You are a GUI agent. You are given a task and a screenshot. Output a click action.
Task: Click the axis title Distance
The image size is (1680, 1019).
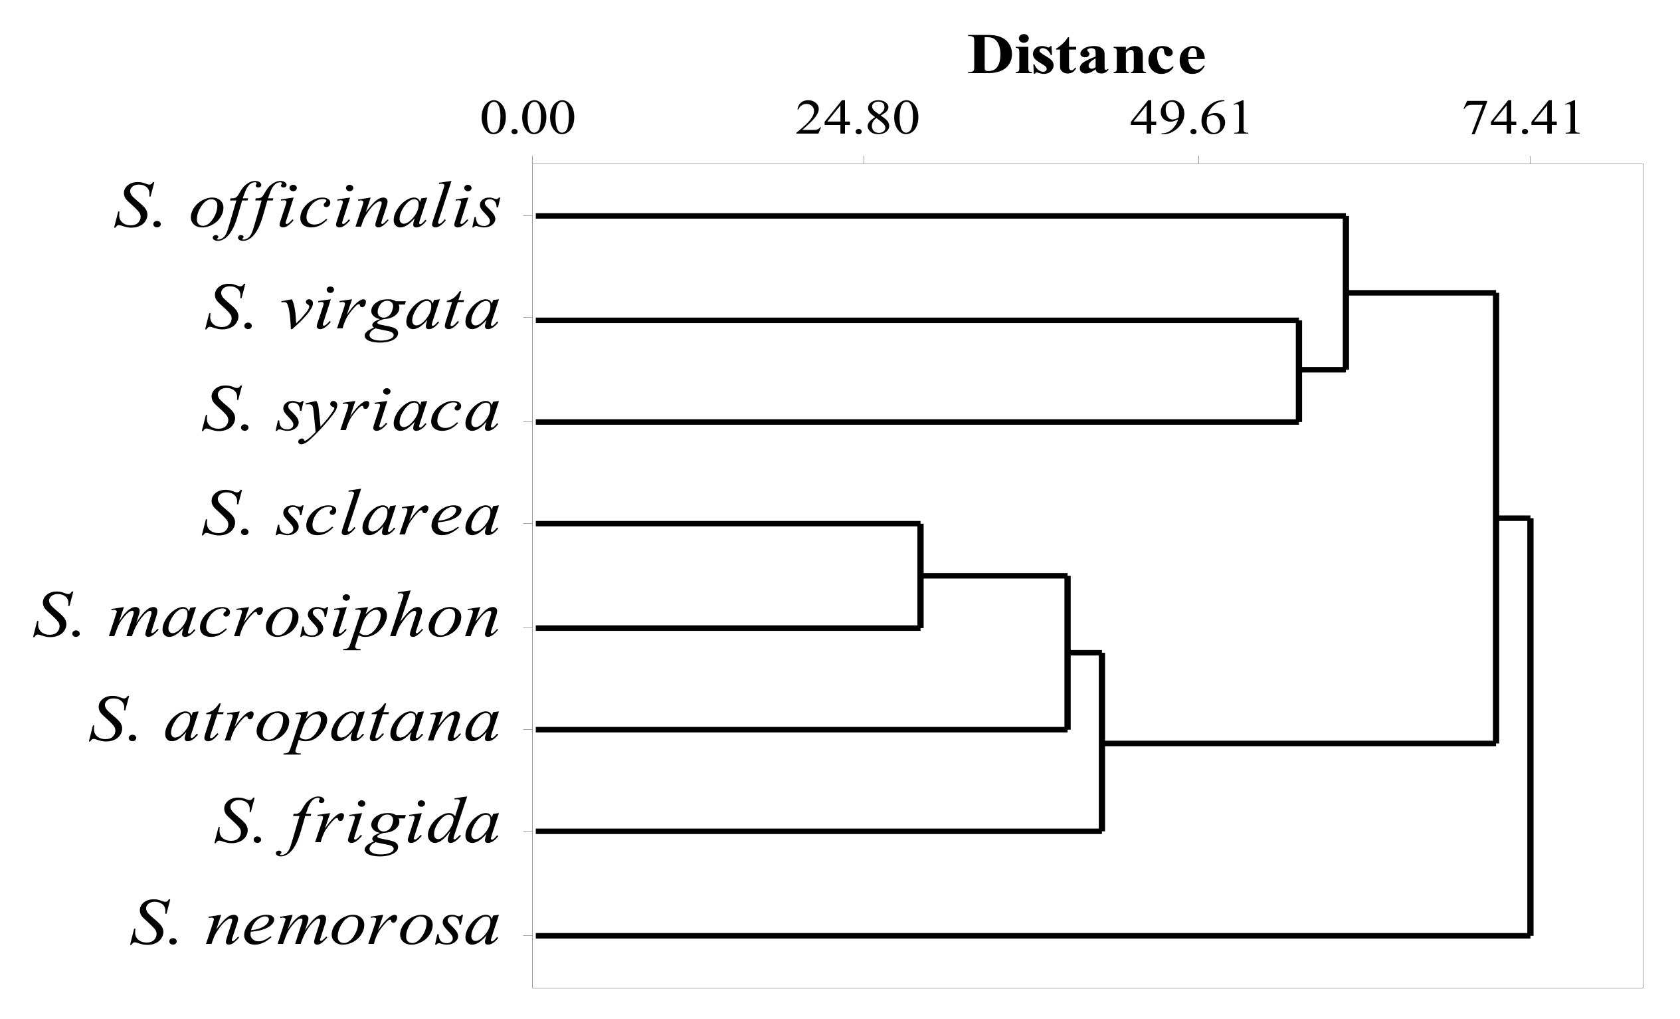coord(1086,55)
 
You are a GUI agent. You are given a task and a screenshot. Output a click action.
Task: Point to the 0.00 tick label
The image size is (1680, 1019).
coord(527,119)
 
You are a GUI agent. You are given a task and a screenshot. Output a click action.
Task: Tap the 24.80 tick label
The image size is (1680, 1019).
coord(857,119)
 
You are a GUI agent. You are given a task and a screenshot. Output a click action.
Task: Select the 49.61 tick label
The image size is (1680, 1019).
coord(1190,119)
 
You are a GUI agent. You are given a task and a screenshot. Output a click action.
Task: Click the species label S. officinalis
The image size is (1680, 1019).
coord(308,207)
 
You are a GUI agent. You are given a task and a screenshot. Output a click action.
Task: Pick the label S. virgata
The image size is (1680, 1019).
coord(353,311)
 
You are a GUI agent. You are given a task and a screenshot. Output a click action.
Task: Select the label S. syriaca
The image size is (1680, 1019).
coord(351,413)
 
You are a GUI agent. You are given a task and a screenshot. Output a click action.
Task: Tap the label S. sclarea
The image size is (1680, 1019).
coord(351,516)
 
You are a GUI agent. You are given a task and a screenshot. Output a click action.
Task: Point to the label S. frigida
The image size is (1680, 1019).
coord(357,824)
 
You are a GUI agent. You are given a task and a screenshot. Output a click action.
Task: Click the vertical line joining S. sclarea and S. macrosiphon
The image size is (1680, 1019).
coord(920,575)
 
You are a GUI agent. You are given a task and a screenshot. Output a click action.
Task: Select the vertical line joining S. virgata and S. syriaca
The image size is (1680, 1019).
coord(1299,371)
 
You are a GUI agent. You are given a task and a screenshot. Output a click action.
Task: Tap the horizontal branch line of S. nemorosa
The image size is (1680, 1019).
coord(1023,936)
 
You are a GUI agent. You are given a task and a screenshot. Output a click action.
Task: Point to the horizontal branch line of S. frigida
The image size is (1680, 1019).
coord(818,832)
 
